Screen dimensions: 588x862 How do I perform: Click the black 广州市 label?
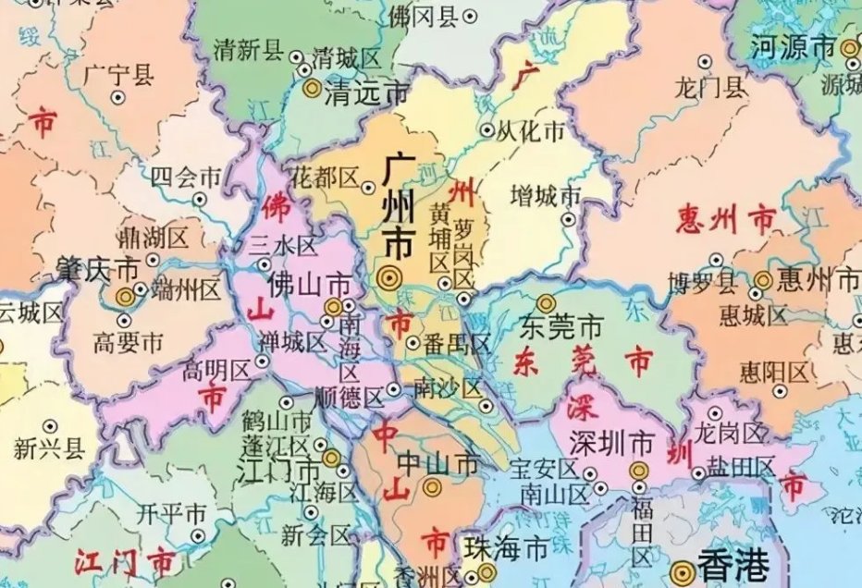399,208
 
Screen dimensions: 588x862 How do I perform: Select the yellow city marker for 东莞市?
547,303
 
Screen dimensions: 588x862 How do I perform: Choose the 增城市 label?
546,196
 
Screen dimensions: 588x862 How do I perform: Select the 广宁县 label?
118,75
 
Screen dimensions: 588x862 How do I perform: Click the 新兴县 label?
49,448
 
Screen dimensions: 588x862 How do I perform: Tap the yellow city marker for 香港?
683,570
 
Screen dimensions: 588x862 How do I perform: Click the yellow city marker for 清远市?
312,90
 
